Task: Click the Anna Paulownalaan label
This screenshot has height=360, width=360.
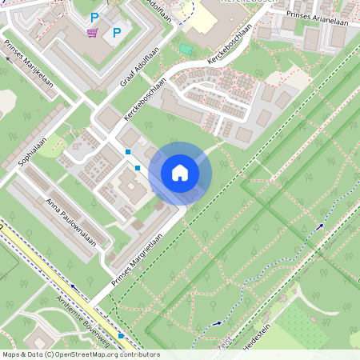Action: point(76,224)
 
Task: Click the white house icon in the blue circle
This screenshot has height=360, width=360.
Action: point(180,173)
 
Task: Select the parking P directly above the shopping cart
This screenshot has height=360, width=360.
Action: point(94,17)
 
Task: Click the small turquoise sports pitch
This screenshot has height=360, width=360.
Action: point(186,49)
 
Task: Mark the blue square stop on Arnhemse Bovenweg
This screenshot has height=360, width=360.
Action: point(121,336)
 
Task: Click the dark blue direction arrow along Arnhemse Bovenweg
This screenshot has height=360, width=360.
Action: point(74,285)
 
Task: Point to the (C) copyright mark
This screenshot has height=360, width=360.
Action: point(50,354)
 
